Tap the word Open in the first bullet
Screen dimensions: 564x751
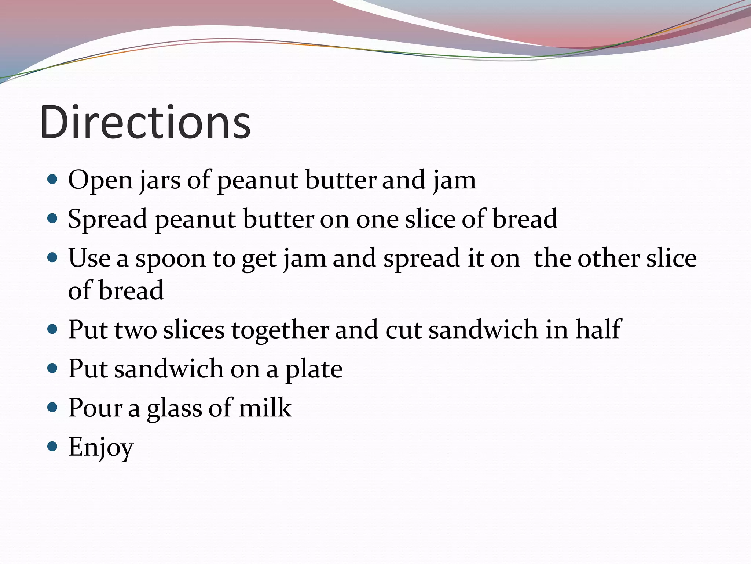tap(100, 181)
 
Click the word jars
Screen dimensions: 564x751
tap(160, 181)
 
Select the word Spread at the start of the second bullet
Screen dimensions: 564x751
tap(107, 220)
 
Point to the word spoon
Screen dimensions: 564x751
tap(171, 259)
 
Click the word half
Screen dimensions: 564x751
tap(598, 329)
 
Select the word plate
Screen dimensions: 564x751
tap(314, 369)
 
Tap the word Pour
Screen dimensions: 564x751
tap(95, 408)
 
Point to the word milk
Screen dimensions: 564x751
tap(265, 408)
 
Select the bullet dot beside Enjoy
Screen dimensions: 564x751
tap(53, 446)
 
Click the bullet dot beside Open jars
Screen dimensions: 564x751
tap(53, 180)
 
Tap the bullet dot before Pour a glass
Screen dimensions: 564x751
tap(53, 407)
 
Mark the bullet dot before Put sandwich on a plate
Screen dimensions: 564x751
tap(53, 368)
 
